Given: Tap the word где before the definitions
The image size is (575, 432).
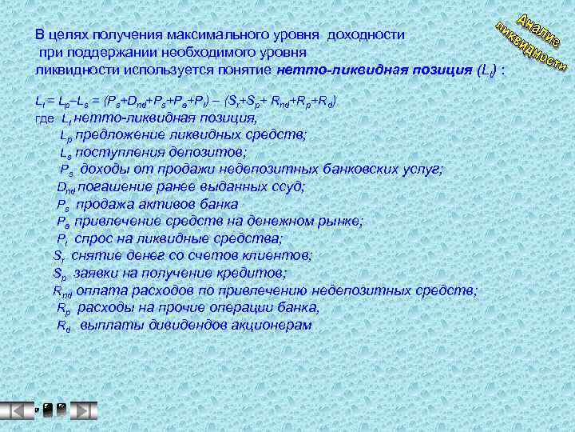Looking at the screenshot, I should (x=46, y=118).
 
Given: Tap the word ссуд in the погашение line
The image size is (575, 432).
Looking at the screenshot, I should (x=287, y=186).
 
